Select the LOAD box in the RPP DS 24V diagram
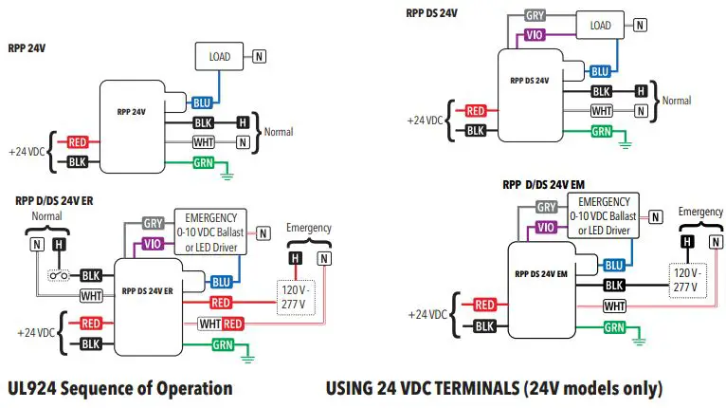pyautogui.click(x=600, y=26)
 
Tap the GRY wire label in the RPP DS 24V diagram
pyautogui.click(x=535, y=16)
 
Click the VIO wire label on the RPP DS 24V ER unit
pyautogui.click(x=154, y=244)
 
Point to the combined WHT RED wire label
pyautogui.click(x=222, y=324)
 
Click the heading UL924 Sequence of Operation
pyautogui.click(x=119, y=388)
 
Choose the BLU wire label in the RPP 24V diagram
pyautogui.click(x=202, y=102)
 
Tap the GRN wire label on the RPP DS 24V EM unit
pyautogui.click(x=614, y=327)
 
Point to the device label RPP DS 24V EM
pyautogui.click(x=540, y=274)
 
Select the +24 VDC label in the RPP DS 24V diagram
pyautogui.click(x=425, y=121)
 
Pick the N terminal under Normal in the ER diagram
pyautogui.click(x=37, y=244)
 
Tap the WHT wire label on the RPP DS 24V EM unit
pyautogui.click(x=614, y=306)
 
